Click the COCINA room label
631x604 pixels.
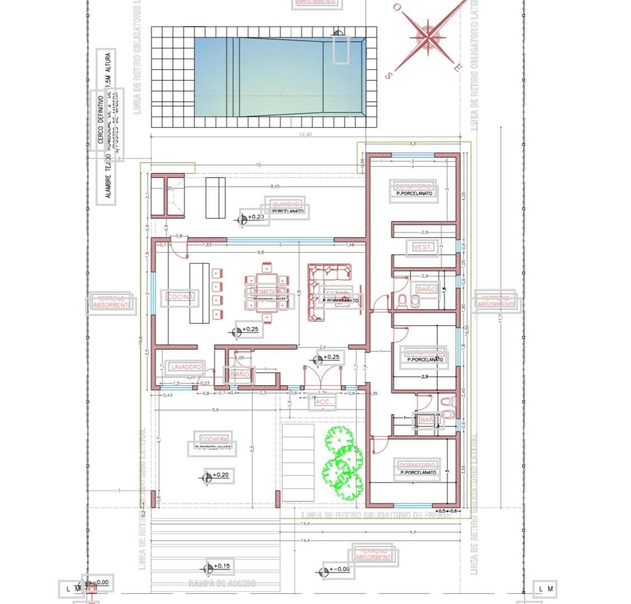[x=180, y=297]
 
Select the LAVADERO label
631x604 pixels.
[x=186, y=367]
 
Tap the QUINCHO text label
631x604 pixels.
[x=286, y=204]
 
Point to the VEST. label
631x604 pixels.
[x=423, y=247]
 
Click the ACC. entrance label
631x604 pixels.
[x=323, y=402]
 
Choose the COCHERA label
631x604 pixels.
[x=214, y=440]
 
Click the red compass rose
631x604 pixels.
[x=428, y=37]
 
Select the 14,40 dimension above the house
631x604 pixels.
[x=305, y=134]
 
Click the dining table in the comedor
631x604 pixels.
[x=267, y=293]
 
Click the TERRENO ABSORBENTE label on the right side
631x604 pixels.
[x=496, y=301]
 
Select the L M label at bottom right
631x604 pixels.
[x=545, y=588]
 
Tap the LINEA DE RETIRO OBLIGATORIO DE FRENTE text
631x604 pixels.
[x=376, y=515]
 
